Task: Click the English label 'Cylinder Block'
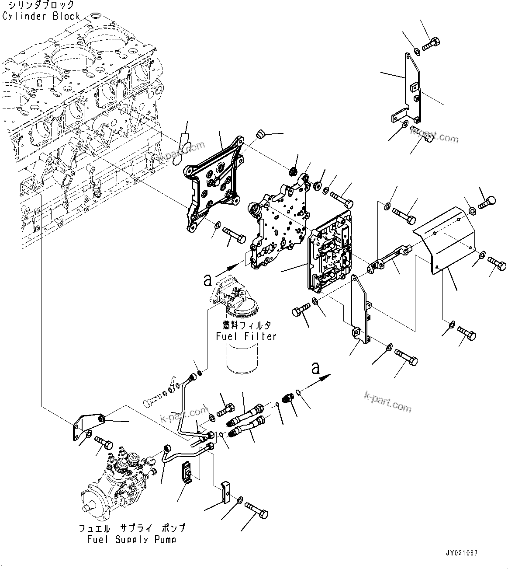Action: pos(41,17)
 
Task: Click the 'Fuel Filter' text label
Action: pos(246,336)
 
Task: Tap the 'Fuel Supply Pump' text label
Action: pos(131,539)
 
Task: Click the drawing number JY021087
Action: pos(462,553)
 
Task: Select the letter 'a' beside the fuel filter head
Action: pos(208,280)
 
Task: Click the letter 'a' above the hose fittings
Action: pos(316,368)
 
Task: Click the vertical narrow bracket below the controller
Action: pos(360,311)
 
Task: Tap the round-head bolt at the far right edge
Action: pos(487,202)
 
